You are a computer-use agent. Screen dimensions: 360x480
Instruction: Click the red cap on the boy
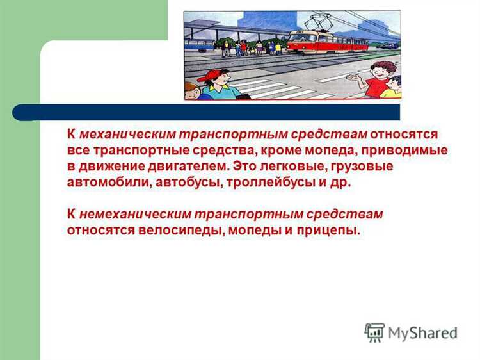click(209, 76)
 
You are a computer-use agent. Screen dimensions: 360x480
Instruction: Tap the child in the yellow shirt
click(392, 88)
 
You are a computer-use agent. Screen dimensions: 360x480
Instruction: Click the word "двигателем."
click(186, 167)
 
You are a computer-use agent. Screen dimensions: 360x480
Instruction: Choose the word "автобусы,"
click(182, 182)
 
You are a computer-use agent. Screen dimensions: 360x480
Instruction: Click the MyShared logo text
click(422, 333)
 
